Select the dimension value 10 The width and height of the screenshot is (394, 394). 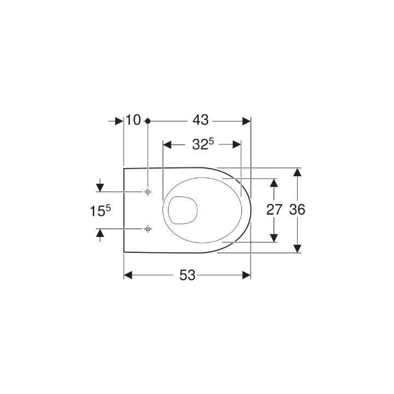(x=134, y=120)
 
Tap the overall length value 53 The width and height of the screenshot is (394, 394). (x=188, y=276)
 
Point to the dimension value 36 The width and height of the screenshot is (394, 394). (x=297, y=210)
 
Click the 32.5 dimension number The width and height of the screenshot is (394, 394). (x=202, y=144)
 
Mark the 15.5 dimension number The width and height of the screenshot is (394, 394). (x=100, y=210)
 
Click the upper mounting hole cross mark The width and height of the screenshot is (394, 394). (x=148, y=192)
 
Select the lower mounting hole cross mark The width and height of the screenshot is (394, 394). (x=148, y=228)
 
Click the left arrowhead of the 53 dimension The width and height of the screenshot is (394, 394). (x=129, y=275)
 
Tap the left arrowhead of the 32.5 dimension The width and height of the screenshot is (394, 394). (x=168, y=145)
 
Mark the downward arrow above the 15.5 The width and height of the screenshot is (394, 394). (x=100, y=187)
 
